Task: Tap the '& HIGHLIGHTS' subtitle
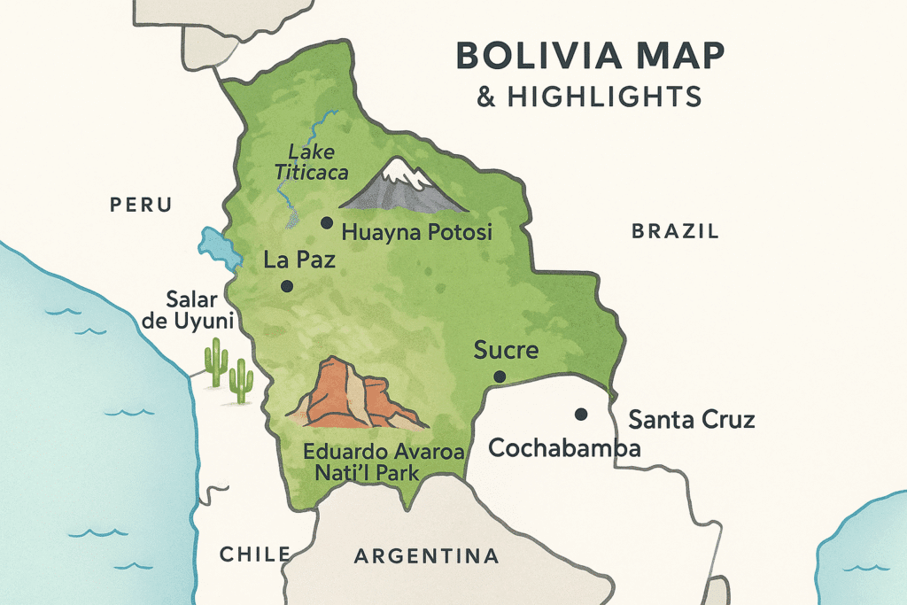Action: coord(589,95)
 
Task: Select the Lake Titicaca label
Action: coord(309,162)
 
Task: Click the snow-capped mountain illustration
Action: coord(404,186)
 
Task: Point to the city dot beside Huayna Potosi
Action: coord(327,222)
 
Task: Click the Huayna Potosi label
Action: coord(415,233)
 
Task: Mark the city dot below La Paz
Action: coord(286,286)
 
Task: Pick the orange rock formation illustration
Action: coord(354,395)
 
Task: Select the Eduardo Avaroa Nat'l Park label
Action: coord(384,462)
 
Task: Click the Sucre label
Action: coord(506,349)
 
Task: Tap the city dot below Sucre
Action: coord(500,376)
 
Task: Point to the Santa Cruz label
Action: coord(691,419)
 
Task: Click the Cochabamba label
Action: coord(564,447)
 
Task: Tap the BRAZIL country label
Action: coord(674,232)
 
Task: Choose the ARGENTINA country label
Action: coord(426,556)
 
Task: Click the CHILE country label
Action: coord(255,555)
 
